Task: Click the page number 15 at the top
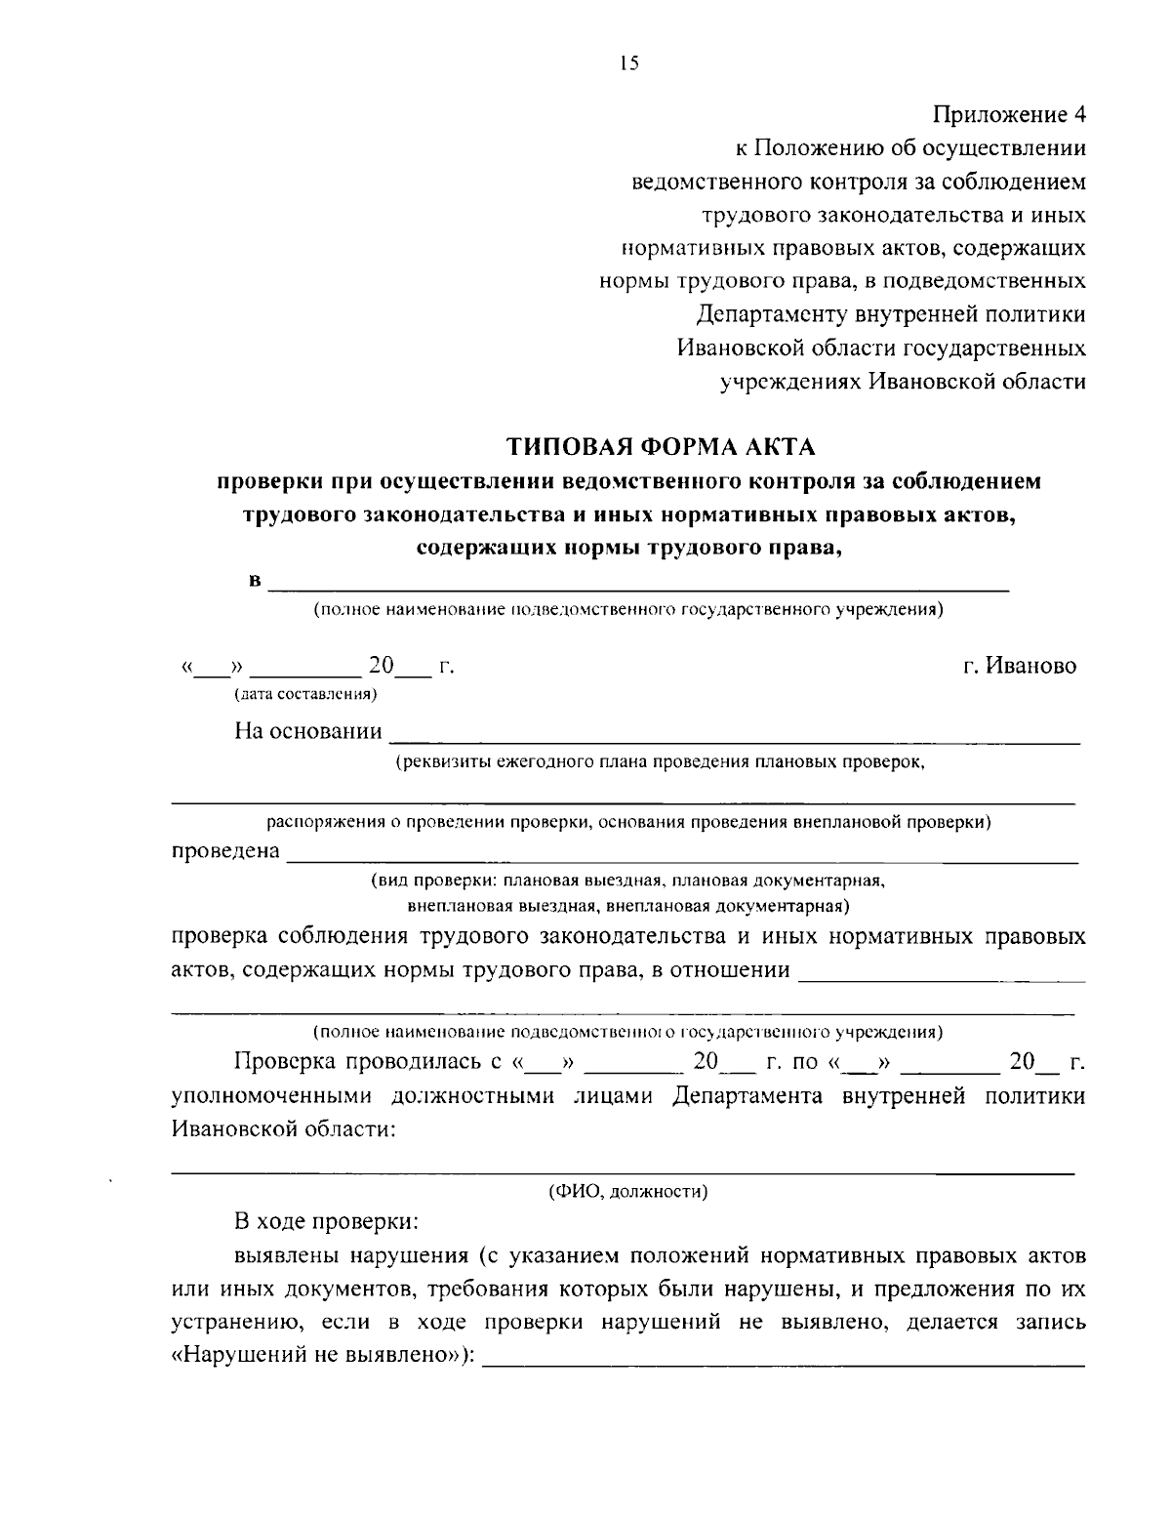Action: tap(629, 64)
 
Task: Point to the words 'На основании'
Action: tap(308, 731)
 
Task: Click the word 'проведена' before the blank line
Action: tap(225, 851)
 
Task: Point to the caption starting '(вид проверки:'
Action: tap(627, 881)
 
